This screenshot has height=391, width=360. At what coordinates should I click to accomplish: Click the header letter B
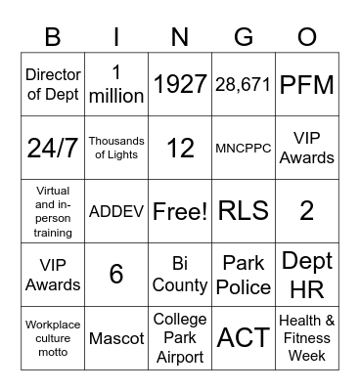point(53,37)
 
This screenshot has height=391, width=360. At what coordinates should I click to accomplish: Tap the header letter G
point(244,37)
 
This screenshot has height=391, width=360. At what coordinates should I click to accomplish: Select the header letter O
point(307,37)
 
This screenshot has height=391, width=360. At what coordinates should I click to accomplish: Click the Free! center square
point(180,210)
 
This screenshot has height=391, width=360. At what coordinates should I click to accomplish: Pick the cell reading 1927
point(180,85)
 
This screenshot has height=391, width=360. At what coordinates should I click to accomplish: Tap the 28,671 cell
point(244,85)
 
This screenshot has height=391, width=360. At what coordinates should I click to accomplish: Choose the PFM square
point(307,85)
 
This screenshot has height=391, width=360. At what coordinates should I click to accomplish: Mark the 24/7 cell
point(53,148)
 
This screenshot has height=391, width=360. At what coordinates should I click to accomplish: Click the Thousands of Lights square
point(116,148)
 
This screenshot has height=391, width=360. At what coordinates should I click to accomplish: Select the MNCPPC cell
point(244,148)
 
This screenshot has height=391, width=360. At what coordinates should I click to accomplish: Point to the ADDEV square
point(116,210)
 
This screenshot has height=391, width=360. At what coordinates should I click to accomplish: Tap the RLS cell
point(244,210)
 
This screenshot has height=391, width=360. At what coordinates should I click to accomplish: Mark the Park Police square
point(244,274)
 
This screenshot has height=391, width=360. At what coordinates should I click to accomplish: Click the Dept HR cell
point(307,274)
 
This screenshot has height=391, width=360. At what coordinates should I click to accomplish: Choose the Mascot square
point(116,338)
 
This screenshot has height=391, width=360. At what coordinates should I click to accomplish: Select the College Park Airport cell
point(180,338)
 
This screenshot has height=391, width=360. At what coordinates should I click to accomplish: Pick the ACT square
point(244,338)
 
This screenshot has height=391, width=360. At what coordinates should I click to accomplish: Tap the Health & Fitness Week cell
point(307,338)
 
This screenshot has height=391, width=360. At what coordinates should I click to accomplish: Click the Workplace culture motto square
point(53,338)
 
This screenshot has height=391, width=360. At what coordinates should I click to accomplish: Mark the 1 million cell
point(116,85)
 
